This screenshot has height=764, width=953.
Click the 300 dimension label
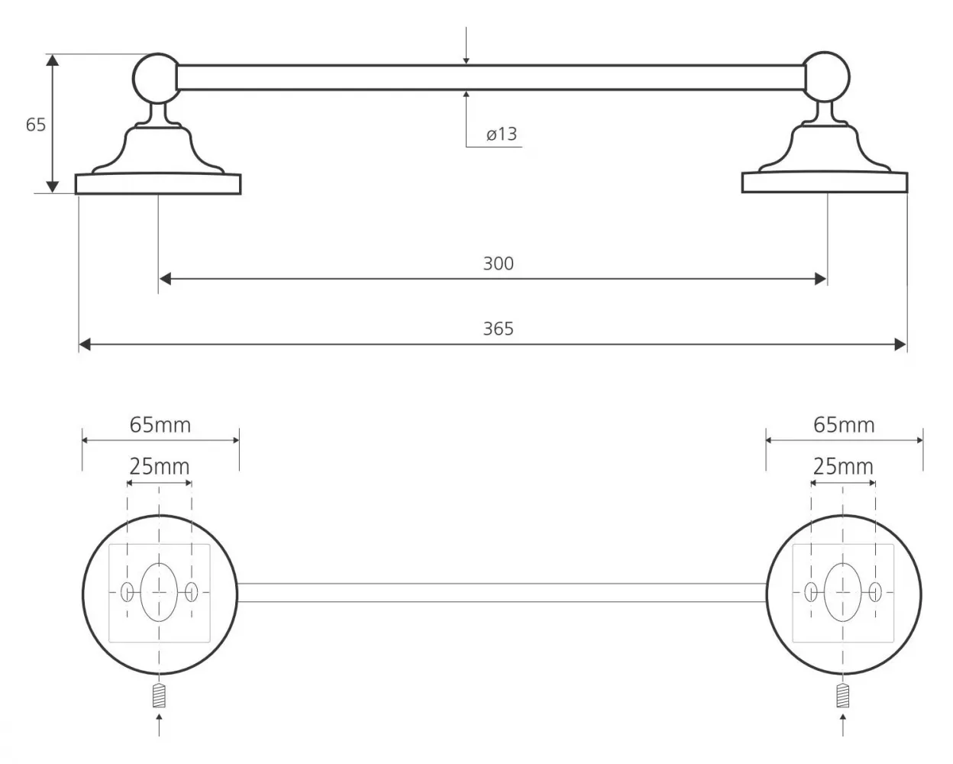pos(498,264)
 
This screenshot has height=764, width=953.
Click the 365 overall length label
pos(498,329)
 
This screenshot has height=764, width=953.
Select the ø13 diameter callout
pos(502,134)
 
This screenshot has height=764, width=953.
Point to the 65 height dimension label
pos(35,125)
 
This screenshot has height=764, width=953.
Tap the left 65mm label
pos(160,425)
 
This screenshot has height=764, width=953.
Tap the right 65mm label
pos(844,425)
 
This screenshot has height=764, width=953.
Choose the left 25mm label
pos(160,467)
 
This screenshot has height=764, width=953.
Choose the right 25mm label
pos(843,467)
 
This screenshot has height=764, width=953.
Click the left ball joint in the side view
pos(156,78)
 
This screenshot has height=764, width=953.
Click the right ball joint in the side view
pos(826,76)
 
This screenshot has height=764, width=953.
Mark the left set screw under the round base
pos(159,696)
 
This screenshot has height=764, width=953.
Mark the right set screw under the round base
pos(843,696)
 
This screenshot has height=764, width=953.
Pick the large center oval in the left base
pos(159,592)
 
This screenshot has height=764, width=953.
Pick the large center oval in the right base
pos(843,592)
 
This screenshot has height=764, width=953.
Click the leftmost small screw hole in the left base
pos(127,592)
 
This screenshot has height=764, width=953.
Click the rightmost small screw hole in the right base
pos(875,592)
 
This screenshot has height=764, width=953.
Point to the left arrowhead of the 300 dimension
pos(165,279)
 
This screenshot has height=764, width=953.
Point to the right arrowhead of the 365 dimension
pos(900,345)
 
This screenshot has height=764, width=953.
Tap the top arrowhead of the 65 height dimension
pos(52,60)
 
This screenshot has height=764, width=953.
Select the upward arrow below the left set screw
pos(159,724)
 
